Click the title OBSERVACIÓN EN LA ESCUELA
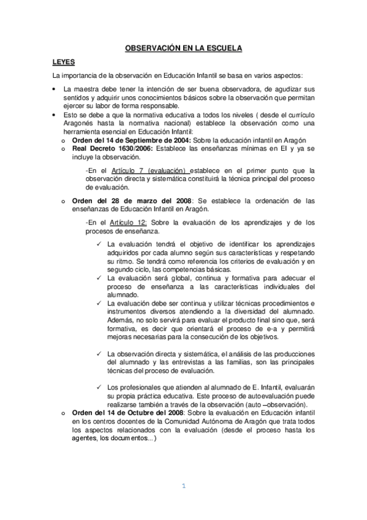(x=183, y=47)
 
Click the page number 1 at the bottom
(x=183, y=486)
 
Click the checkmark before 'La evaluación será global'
(x=100, y=278)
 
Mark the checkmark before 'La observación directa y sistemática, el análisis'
(x=100, y=354)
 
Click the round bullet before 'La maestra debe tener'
(x=55, y=90)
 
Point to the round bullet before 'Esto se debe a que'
(x=55, y=114)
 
